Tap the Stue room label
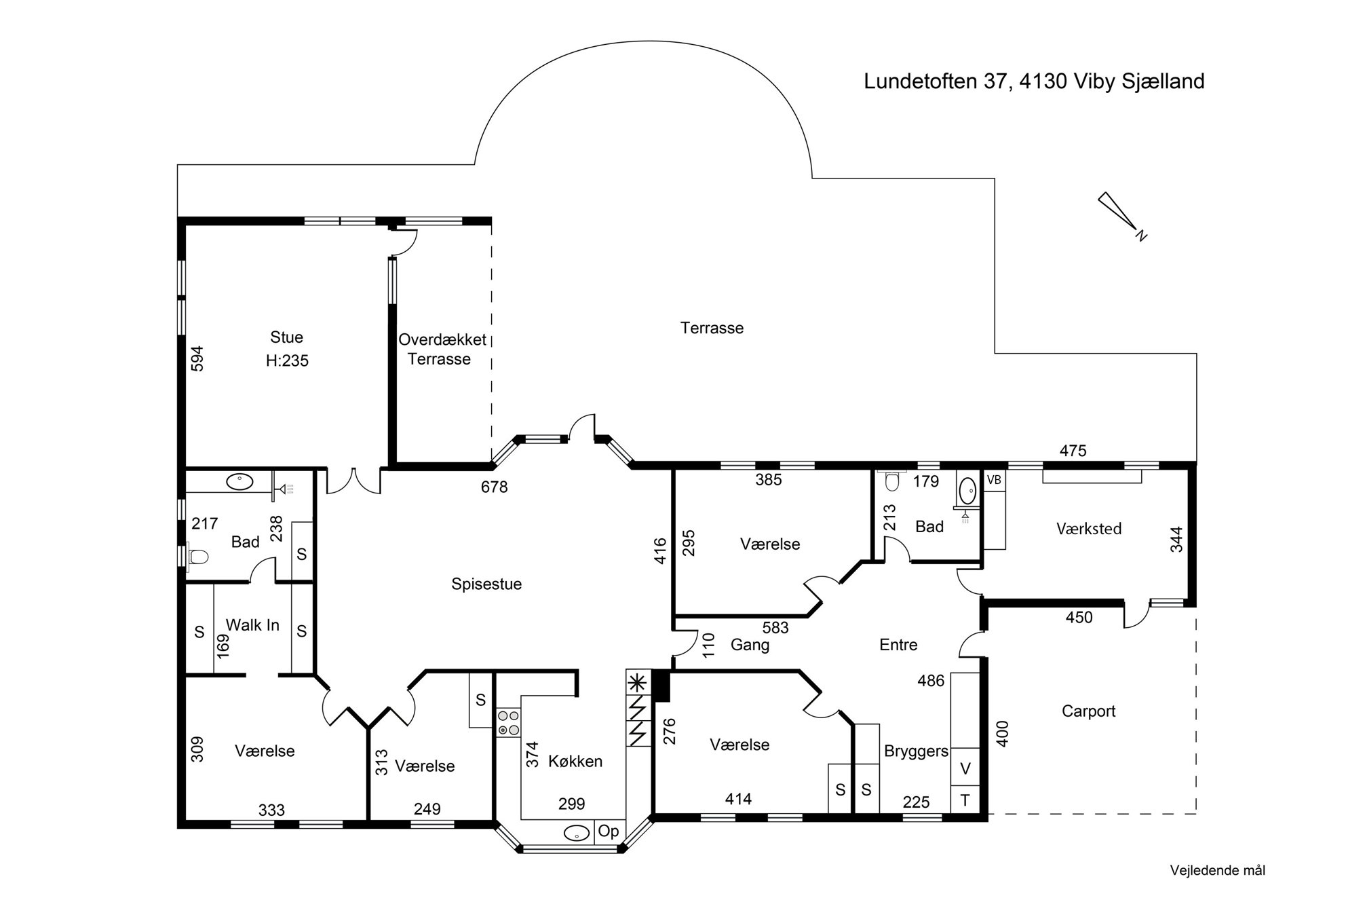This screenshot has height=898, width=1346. [x=286, y=337]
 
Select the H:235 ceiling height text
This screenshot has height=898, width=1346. [x=287, y=361]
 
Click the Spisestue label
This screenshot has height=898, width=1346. [x=486, y=584]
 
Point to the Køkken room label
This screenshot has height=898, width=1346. [x=575, y=762]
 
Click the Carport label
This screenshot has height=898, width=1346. [x=1088, y=711]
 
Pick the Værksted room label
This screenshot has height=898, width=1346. [x=1089, y=529]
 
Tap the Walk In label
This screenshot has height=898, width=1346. [x=252, y=625]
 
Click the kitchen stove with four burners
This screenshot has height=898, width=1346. [x=508, y=723]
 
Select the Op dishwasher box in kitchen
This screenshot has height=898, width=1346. [x=609, y=831]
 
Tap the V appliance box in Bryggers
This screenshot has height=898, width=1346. [x=965, y=769]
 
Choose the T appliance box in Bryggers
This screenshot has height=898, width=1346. [x=965, y=800]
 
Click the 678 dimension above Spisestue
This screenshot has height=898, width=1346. [x=494, y=487]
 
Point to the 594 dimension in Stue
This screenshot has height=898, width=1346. [x=197, y=359]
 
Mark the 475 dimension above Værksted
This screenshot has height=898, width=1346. [x=1073, y=451]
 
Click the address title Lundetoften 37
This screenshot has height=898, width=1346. [x=1034, y=81]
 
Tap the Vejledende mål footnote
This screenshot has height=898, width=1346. [x=1217, y=870]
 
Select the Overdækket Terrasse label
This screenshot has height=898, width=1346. [x=442, y=349]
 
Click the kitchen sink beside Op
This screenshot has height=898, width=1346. [x=577, y=833]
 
